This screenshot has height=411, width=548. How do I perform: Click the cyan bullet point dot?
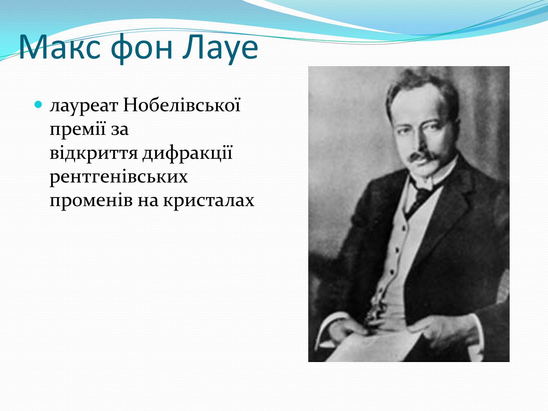coord(38,104)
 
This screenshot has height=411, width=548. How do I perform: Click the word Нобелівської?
coord(182,104)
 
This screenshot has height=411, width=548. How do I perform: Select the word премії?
coord(78,129)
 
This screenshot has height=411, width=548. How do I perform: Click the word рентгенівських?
coord(119,177)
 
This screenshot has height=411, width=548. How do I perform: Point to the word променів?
coord(91,201)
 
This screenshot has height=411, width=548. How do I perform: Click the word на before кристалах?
coord(148,201)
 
